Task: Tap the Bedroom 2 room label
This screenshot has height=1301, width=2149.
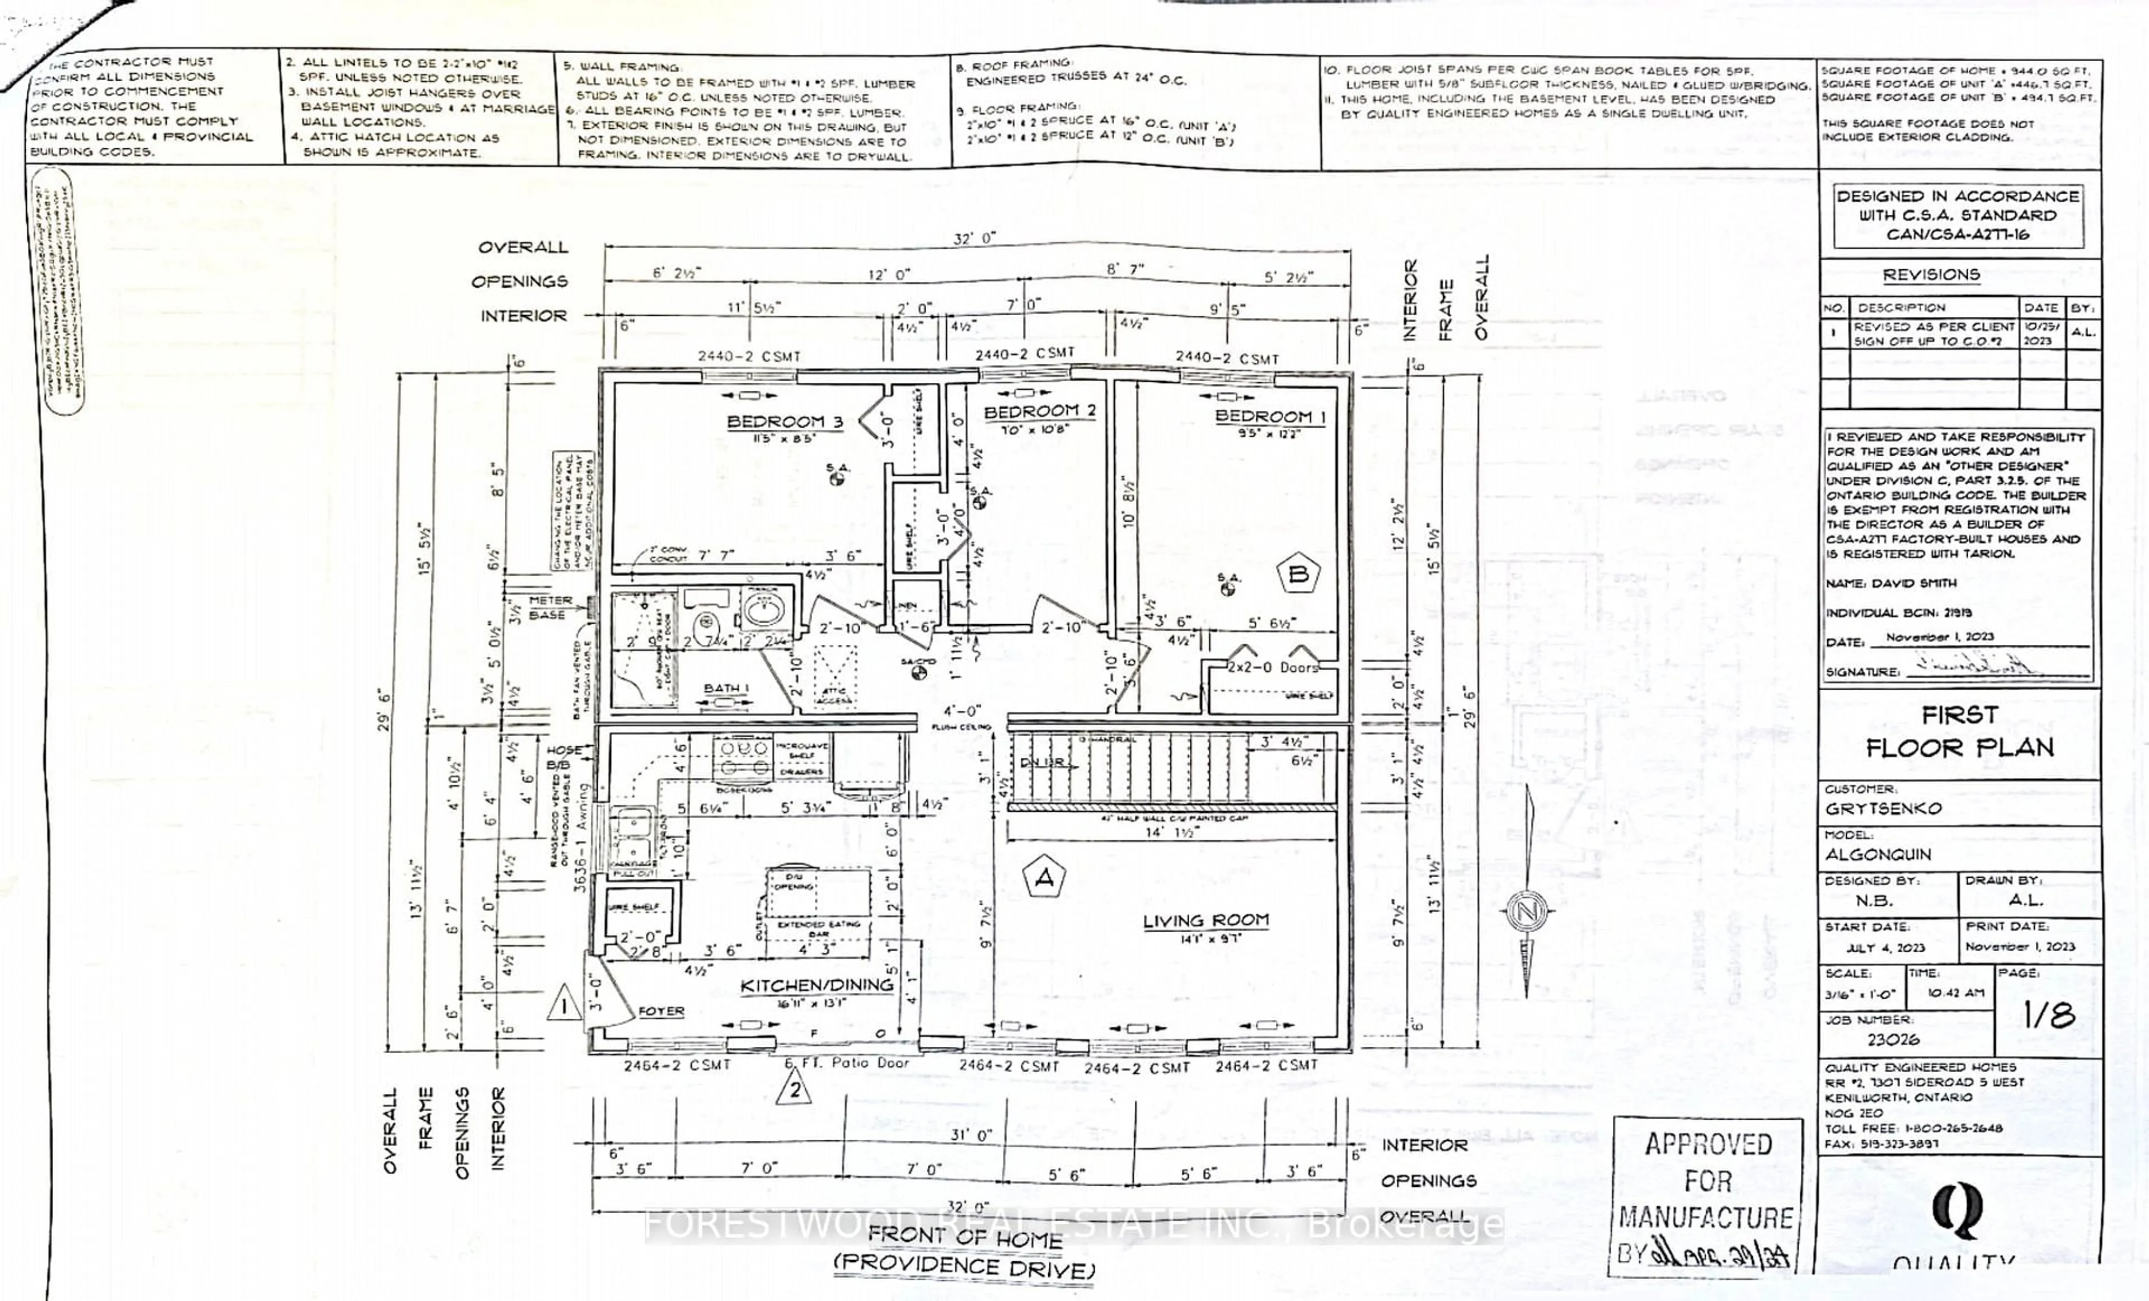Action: (x=1040, y=411)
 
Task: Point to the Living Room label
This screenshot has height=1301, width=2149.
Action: (x=1205, y=920)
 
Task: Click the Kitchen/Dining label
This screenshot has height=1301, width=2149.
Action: (x=817, y=985)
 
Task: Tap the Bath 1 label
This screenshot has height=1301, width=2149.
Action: (x=726, y=689)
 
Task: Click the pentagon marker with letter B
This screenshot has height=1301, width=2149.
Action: (x=1298, y=573)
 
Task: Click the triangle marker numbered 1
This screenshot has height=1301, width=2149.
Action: (x=564, y=1005)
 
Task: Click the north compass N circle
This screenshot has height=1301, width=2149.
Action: (x=1526, y=912)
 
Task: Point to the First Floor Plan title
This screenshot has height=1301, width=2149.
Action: (x=1958, y=731)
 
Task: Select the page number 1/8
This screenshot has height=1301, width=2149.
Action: (x=2049, y=1014)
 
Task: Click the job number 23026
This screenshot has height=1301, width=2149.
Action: (x=1893, y=1039)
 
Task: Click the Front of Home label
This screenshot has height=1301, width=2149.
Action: (x=965, y=1238)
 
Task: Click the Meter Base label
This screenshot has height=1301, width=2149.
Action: (x=550, y=607)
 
